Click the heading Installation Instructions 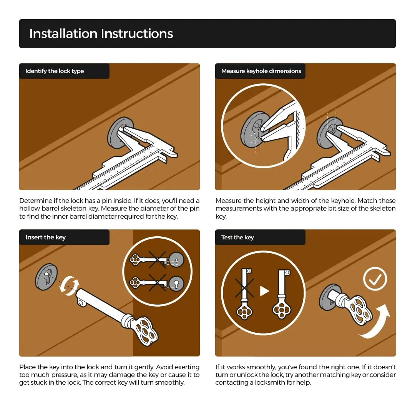pos(101,33)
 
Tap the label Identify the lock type pos(55,71)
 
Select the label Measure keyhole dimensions pos(261,71)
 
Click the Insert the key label pos(45,237)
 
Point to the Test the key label pos(237,237)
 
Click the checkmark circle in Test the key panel pos(375,279)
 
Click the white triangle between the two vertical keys pos(264,291)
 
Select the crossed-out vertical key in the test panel pos(244,294)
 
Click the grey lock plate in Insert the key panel pos(46,277)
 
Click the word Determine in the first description pos(36,201)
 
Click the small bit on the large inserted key pos(82,302)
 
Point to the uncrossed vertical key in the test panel pos(282,294)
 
